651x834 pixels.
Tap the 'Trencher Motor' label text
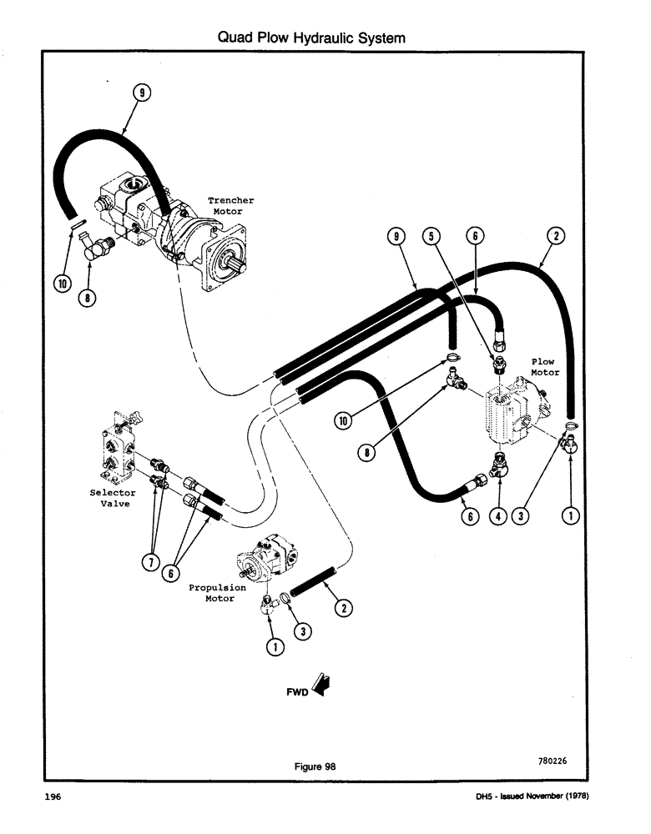click(x=230, y=206)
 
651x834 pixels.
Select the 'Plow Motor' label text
click(x=544, y=367)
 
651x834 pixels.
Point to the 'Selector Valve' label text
click(x=112, y=498)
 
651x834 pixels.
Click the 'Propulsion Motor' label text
click(x=216, y=593)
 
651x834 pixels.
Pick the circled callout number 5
click(x=431, y=237)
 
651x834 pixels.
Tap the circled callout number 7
click(x=150, y=562)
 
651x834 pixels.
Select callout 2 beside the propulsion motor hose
click(x=342, y=608)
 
